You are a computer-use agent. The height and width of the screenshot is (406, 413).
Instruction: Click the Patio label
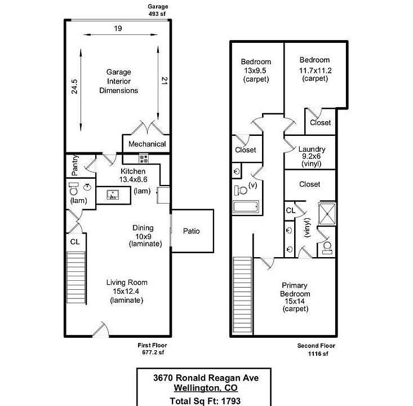coord(192,231)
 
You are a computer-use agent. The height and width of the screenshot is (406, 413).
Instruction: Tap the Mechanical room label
coord(147,144)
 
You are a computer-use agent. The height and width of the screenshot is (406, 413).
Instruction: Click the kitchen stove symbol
coord(144,158)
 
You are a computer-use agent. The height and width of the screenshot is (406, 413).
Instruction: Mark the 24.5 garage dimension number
coord(75,89)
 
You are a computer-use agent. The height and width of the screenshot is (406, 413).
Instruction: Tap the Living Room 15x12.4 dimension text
coord(127,292)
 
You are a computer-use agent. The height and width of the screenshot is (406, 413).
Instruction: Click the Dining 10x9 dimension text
coord(143,236)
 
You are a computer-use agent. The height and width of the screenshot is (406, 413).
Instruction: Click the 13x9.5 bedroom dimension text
coord(256,70)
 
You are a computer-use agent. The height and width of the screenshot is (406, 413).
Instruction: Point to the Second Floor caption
coord(316,345)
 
